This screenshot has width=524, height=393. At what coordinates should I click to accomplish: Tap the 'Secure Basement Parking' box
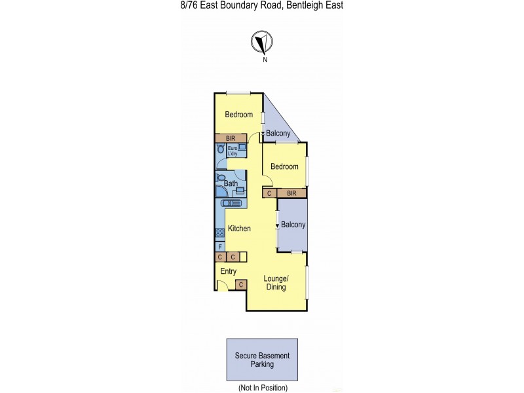262,360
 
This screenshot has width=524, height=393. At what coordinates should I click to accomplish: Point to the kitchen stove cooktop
220,232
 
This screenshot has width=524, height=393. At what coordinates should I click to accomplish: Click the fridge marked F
220,246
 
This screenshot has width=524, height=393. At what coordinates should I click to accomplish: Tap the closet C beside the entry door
241,285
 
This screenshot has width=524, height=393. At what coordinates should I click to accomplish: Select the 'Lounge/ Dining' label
275,282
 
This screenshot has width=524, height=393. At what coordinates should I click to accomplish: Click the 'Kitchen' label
239,229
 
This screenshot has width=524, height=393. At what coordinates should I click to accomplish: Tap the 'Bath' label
231,183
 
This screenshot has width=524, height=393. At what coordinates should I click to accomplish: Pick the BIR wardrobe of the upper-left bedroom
231,138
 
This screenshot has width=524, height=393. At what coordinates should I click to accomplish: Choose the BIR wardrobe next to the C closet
291,193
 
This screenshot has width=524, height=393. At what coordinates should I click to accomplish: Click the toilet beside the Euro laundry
221,149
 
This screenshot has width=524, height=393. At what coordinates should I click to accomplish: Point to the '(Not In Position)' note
261,388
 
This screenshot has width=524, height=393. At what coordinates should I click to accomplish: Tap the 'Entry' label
228,271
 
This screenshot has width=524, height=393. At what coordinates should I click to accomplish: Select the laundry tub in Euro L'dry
242,147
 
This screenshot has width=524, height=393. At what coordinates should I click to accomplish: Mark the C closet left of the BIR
269,193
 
